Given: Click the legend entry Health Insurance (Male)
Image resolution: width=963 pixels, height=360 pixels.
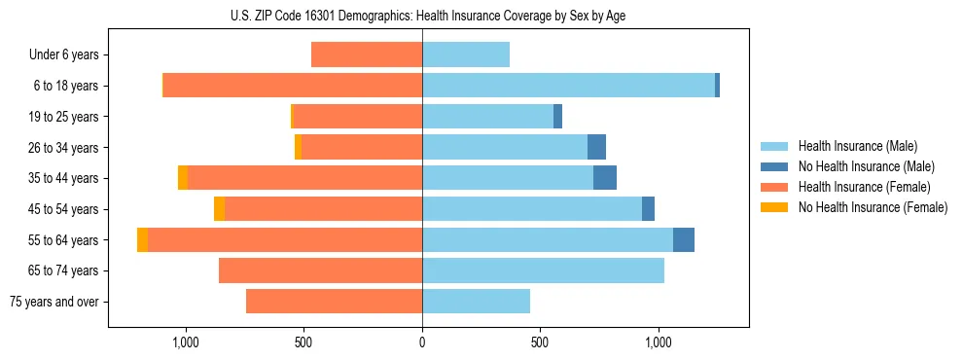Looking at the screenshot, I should (857, 146).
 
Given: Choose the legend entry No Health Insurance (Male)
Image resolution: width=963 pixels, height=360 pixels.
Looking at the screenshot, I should (866, 166).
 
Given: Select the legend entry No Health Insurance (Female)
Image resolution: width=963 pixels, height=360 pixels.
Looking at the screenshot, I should (873, 207).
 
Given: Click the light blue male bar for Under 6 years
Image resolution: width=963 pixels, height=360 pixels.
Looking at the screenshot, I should (466, 55).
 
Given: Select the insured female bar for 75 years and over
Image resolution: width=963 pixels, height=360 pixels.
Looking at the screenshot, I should (334, 302).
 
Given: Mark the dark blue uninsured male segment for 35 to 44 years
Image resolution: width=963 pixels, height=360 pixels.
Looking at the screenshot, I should (605, 178).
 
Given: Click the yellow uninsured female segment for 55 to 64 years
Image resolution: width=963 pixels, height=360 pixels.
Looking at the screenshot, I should (143, 240).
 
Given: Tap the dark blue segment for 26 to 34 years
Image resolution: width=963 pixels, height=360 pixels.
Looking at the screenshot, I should (596, 148).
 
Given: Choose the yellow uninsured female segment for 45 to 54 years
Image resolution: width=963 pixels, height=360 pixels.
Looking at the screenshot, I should (220, 209).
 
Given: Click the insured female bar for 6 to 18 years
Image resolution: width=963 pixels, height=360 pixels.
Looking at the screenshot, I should (292, 86).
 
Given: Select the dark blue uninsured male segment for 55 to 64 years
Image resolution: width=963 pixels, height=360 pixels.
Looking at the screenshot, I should (684, 240).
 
